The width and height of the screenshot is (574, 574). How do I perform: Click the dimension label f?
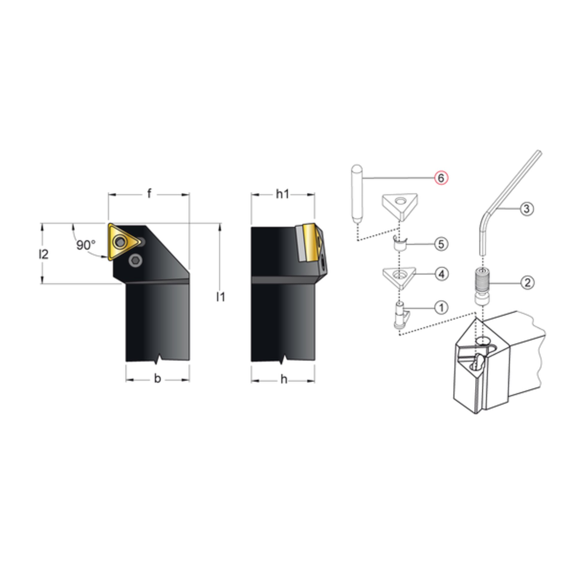(149, 194)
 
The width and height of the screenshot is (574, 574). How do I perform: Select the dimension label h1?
(283, 194)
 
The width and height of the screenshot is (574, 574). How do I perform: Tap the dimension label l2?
(43, 254)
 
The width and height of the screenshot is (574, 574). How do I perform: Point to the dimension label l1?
(221, 297)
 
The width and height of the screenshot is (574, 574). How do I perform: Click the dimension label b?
(157, 378)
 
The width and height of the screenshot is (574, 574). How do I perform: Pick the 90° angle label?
(86, 245)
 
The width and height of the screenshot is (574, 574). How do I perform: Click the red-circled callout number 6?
(441, 178)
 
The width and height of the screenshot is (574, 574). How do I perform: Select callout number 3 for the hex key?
(527, 208)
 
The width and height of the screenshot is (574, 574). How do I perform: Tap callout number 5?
(441, 244)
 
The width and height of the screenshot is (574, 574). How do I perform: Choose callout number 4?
(442, 274)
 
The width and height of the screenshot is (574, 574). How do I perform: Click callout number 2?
(527, 282)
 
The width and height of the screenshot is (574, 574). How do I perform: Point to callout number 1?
(441, 308)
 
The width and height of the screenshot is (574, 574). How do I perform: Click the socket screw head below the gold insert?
(135, 261)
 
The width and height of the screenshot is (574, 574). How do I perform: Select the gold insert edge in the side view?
(310, 242)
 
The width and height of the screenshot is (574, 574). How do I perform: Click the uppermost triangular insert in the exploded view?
(399, 207)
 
